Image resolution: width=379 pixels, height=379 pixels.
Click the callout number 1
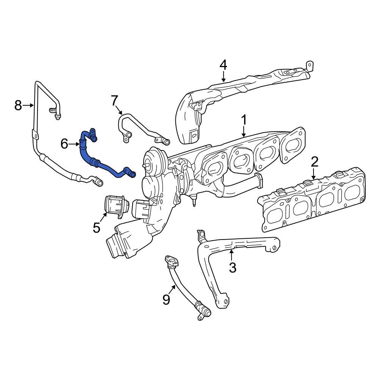(244, 120)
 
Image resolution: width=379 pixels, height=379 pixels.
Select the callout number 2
(314, 162)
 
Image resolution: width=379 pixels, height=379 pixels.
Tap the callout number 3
(232, 267)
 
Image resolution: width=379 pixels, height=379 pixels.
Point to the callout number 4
(224, 65)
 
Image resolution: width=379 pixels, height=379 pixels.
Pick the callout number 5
(96, 227)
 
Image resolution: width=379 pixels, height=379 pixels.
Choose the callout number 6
(64, 144)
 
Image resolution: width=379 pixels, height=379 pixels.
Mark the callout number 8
(18, 105)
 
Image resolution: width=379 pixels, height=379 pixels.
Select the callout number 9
(166, 299)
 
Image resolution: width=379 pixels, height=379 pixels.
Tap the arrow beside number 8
(29, 105)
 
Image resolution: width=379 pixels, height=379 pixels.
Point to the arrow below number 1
(244, 132)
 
